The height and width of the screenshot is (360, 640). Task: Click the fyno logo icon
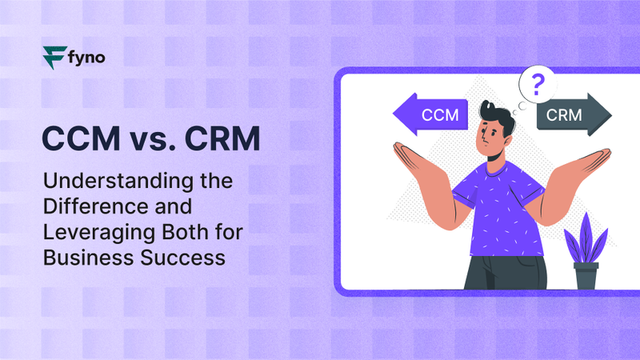tap(54, 58)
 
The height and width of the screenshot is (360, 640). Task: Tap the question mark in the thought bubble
tap(538, 83)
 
